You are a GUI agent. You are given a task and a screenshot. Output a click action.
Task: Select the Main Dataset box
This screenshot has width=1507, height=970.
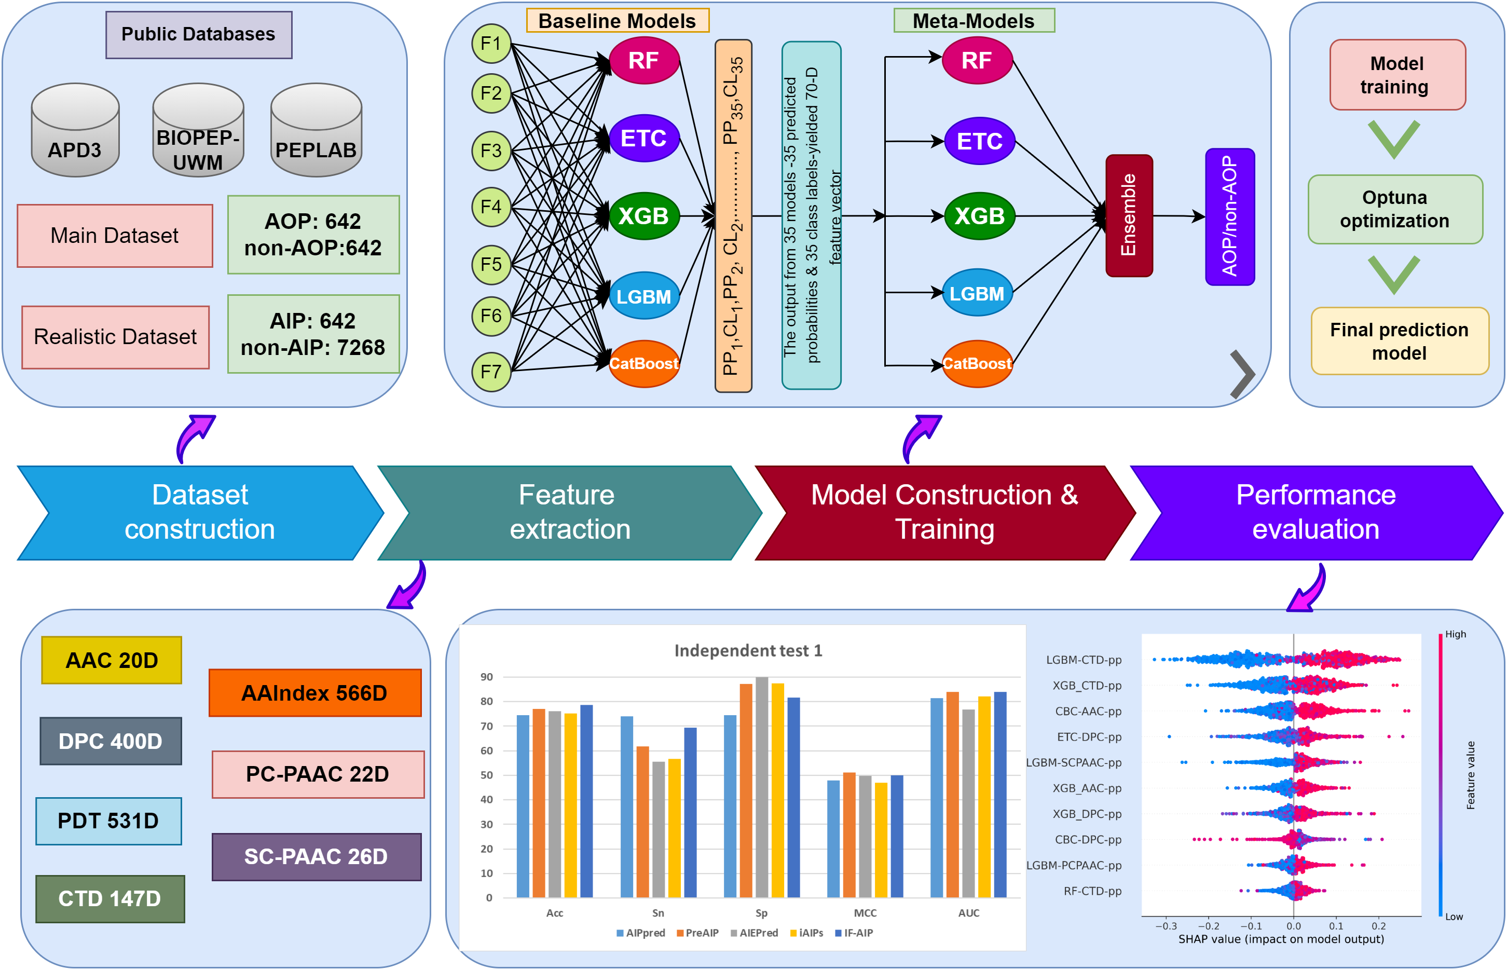[115, 236]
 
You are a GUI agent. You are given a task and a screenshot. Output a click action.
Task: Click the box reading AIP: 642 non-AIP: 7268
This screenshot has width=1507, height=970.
[313, 334]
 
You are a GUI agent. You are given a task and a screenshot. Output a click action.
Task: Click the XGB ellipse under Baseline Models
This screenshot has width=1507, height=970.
[643, 216]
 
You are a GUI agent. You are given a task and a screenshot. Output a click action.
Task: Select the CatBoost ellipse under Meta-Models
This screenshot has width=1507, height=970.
[977, 363]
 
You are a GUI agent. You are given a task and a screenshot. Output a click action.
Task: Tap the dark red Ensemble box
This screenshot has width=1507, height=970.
[1129, 215]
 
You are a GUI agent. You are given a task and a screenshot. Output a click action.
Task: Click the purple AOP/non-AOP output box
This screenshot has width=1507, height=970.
[1229, 216]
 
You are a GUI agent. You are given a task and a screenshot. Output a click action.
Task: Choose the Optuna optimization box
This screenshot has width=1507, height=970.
[1395, 209]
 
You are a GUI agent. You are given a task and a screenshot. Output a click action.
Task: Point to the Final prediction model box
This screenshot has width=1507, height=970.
[1399, 341]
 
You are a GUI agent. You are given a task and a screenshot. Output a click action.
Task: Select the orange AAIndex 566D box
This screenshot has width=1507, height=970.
[315, 693]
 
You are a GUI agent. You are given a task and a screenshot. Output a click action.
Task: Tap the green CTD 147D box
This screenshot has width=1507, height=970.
[110, 899]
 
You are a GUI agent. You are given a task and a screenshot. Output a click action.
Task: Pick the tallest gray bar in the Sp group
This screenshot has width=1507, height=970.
[761, 787]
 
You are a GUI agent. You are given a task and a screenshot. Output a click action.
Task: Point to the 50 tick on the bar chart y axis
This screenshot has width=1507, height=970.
[487, 775]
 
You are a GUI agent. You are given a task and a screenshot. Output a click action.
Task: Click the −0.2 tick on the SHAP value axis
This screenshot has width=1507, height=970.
[1209, 926]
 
